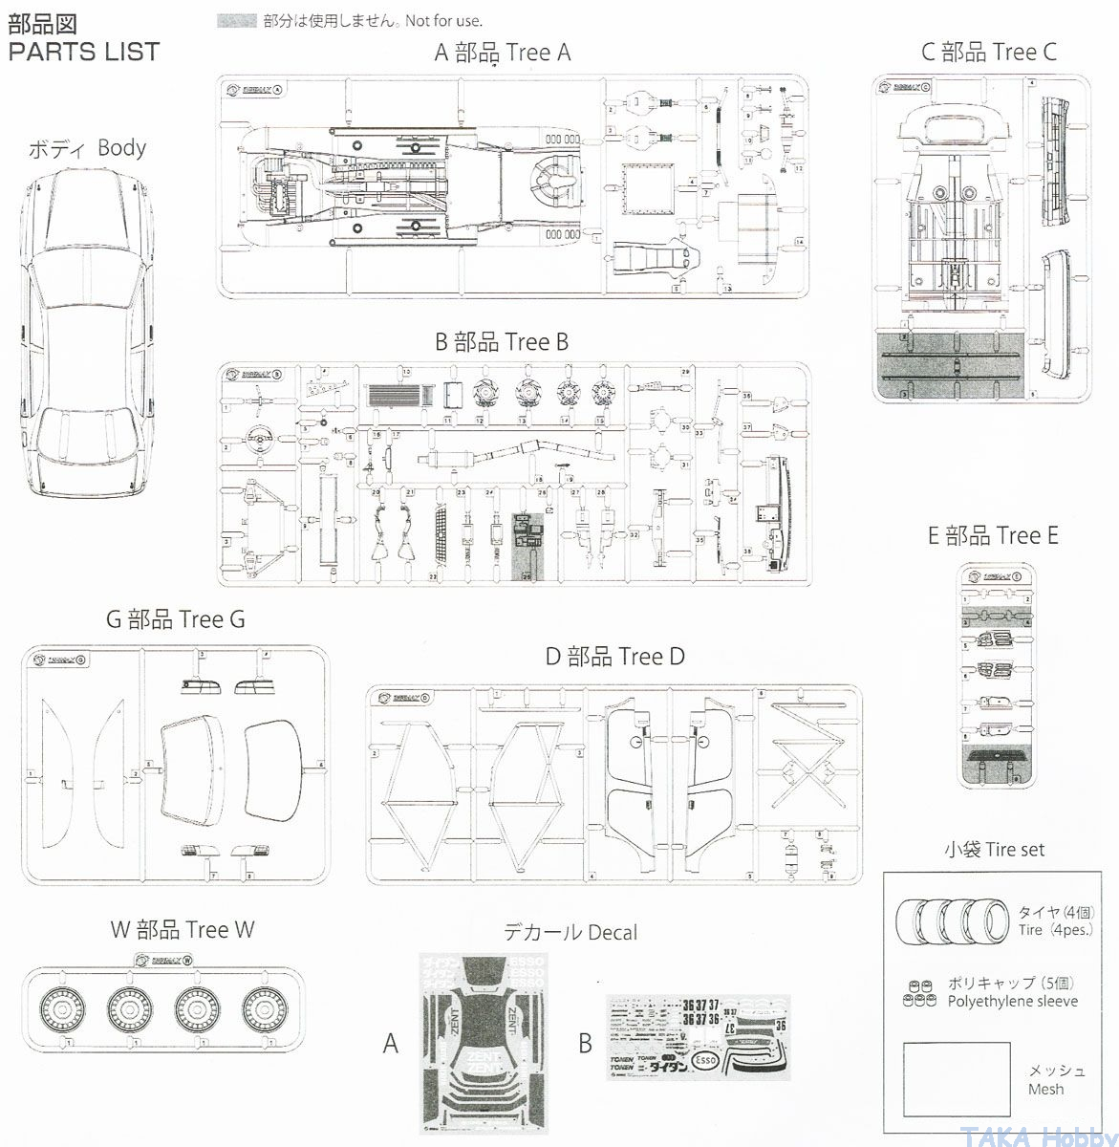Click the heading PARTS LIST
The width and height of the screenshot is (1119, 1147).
click(x=84, y=52)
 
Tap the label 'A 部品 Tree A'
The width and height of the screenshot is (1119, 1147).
click(x=503, y=52)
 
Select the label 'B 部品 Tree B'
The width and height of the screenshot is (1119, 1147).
click(x=502, y=341)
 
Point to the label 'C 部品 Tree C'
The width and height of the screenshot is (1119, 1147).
click(x=989, y=52)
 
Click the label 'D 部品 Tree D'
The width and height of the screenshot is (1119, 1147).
click(x=615, y=657)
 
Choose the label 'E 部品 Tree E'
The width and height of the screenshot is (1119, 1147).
click(x=993, y=535)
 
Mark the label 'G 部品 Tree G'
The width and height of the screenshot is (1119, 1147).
click(x=176, y=619)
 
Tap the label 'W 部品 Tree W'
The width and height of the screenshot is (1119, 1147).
click(x=183, y=929)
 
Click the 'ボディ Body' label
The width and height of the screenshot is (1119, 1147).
click(x=87, y=148)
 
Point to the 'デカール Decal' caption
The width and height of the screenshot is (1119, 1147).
click(x=570, y=931)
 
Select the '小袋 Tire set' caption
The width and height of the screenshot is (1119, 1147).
click(x=994, y=849)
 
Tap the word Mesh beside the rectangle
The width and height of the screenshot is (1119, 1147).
click(x=1045, y=1089)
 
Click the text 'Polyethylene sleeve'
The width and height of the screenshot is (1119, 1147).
click(x=1013, y=1001)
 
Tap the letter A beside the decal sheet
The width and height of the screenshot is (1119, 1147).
click(x=390, y=1043)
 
